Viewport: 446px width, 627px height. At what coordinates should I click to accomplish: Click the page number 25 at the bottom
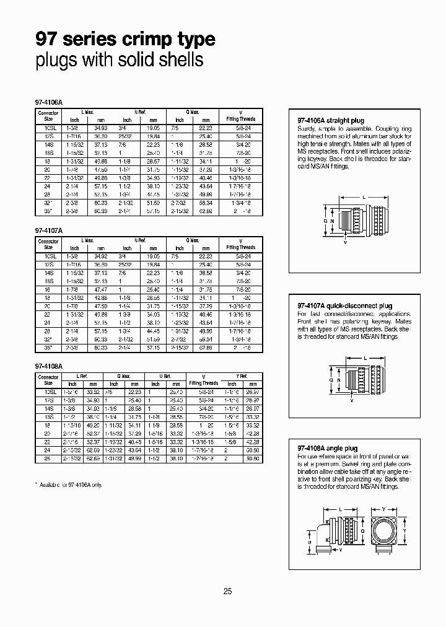227,592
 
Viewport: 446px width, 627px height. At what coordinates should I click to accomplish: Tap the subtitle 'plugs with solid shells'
119,60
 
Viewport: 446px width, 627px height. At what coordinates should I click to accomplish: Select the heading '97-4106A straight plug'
327,121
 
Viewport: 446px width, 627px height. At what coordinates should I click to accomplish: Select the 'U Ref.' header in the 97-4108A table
165,375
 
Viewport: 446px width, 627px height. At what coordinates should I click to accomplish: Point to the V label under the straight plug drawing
345,243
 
